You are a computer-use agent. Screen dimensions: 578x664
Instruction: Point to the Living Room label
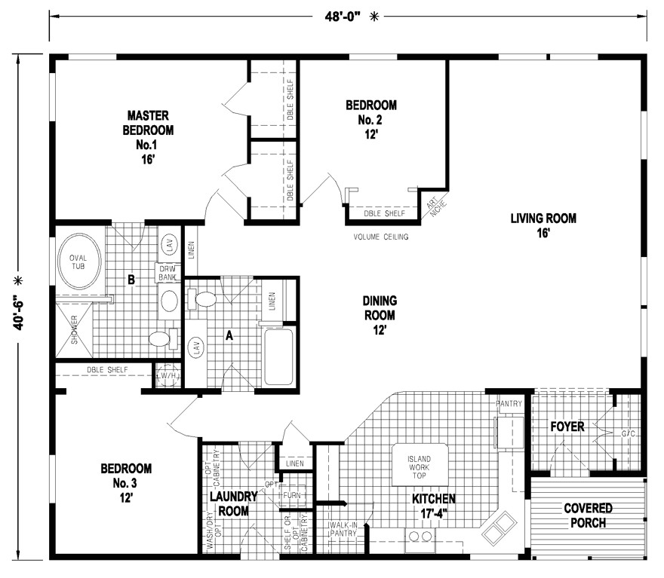(x=543, y=225)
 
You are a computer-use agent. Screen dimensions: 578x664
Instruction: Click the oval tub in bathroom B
(x=78, y=261)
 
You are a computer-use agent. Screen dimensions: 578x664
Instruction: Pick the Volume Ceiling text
(x=381, y=237)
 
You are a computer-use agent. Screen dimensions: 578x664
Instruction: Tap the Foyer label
(x=567, y=427)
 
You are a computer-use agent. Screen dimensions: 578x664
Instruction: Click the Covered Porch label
(x=588, y=515)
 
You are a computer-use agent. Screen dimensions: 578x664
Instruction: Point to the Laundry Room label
(x=233, y=503)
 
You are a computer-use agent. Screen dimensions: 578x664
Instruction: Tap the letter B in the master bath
(x=131, y=280)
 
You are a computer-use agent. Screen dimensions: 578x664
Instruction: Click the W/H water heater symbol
(x=167, y=376)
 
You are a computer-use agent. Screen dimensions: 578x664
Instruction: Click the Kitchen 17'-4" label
(x=433, y=506)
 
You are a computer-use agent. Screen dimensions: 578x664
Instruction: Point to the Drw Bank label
(x=166, y=272)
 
